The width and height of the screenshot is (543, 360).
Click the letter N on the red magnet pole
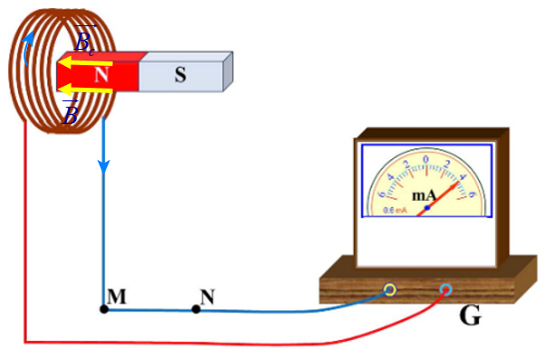click(101, 75)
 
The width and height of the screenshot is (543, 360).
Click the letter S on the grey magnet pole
click(180, 75)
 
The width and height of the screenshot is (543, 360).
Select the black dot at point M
click(104, 309)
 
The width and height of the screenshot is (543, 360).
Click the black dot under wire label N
click(196, 309)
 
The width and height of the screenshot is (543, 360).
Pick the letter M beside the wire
click(116, 296)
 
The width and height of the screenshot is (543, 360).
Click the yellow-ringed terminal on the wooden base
click(390, 289)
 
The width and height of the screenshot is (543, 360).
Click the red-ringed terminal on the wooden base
click(445, 289)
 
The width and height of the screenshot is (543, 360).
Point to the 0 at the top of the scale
click(426, 160)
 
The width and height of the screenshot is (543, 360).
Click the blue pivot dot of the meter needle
click(426, 208)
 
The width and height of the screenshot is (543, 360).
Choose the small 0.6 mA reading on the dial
click(395, 210)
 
